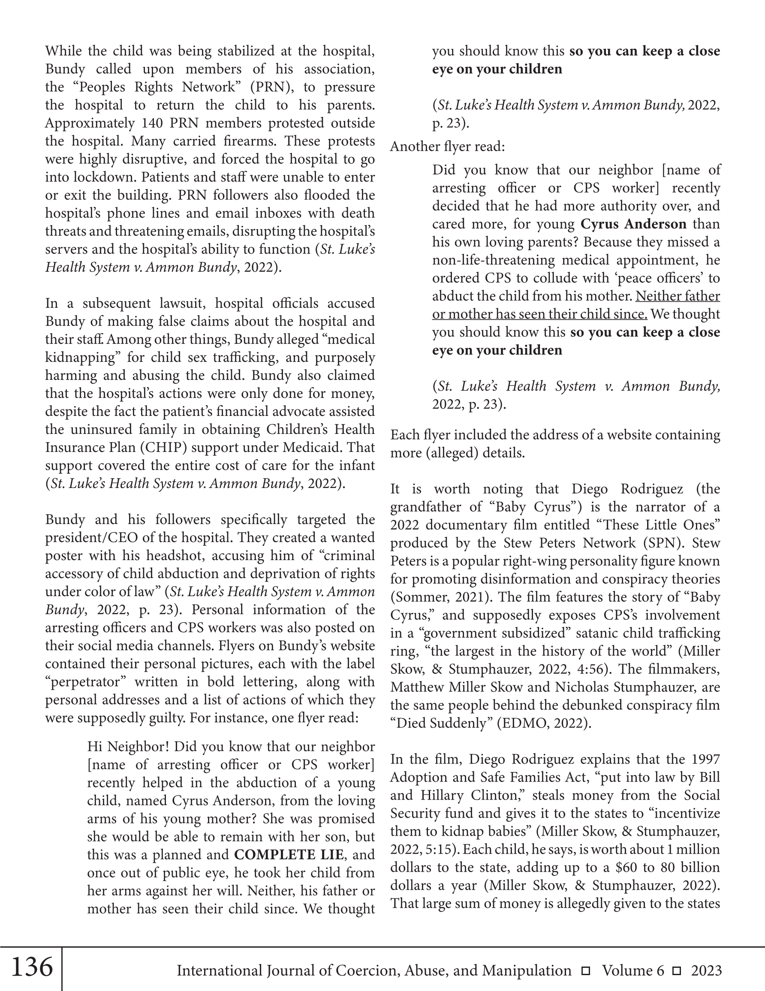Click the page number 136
pyautogui.click(x=31, y=967)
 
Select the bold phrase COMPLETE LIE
pyautogui.click(x=289, y=855)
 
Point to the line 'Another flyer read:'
pyautogui.click(x=447, y=146)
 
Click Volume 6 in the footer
pyautogui.click(x=633, y=970)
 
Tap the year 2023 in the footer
pyautogui.click(x=706, y=970)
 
